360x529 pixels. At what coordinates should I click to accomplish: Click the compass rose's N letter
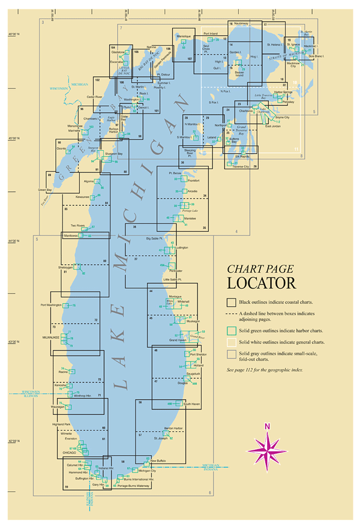click(268, 426)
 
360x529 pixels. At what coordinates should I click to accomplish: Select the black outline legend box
click(231, 301)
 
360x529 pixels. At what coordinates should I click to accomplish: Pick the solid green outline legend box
click(231, 330)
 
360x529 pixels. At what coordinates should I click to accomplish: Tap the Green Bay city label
click(45, 190)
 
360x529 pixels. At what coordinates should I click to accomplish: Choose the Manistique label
click(184, 36)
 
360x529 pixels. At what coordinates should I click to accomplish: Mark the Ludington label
click(181, 247)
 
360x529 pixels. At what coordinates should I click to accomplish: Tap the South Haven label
click(191, 405)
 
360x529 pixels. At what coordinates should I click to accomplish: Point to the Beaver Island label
click(239, 74)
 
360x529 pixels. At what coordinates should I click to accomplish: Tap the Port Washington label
click(52, 305)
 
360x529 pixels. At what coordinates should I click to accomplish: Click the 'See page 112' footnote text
click(265, 370)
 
